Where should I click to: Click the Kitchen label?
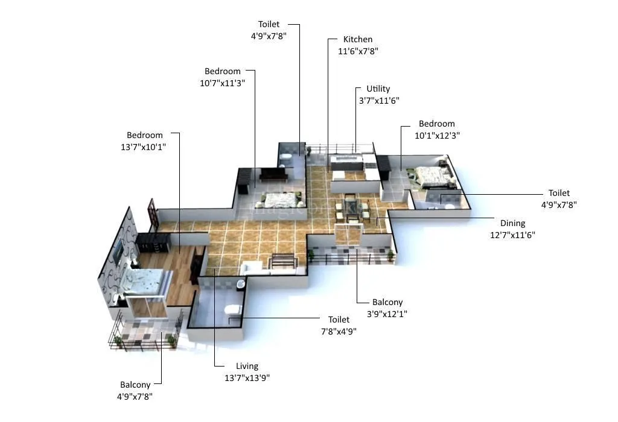(358, 40)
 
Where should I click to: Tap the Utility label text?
(378, 89)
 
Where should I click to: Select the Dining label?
(512, 223)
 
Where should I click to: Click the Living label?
(247, 366)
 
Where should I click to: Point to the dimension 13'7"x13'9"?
(247, 378)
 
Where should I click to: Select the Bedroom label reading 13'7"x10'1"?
(145, 135)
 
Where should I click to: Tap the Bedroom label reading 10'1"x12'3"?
(437, 124)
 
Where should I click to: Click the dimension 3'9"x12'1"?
(387, 314)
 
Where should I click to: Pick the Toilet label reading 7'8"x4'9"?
(339, 320)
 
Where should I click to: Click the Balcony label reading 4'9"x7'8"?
(135, 385)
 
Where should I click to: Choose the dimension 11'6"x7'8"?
(358, 52)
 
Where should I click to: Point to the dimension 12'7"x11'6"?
(512, 235)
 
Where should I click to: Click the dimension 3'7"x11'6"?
(378, 101)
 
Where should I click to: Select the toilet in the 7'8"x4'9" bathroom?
(232, 310)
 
